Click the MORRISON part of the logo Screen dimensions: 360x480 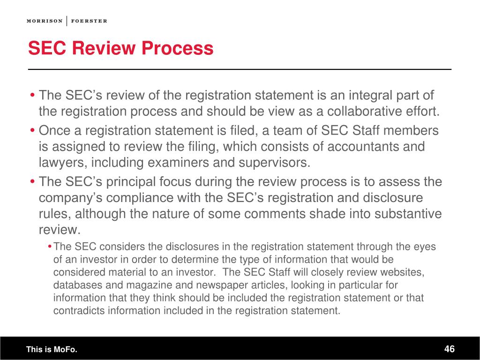point(45,21)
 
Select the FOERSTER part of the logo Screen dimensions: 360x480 point(89,21)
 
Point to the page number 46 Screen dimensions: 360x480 point(450,349)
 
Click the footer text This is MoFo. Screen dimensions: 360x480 point(52,350)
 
